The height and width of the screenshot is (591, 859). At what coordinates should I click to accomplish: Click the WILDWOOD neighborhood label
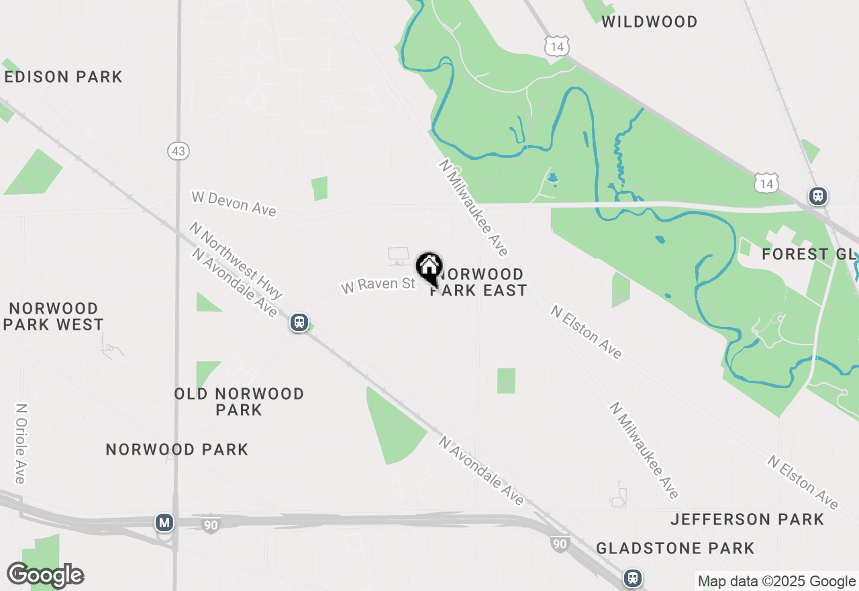pos(649,21)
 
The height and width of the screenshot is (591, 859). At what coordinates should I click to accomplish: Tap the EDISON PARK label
pos(64,77)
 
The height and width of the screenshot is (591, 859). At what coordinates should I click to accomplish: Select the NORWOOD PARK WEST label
pos(54,316)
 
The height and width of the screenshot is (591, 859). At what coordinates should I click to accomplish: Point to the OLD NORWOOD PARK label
pos(239,401)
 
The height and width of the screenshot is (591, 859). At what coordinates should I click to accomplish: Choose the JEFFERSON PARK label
pos(747,519)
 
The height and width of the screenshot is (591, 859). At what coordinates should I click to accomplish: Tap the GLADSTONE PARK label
pos(675,549)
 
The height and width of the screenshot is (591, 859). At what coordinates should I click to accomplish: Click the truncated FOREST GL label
pos(809,255)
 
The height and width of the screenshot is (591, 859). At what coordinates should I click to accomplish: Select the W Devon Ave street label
pos(234,203)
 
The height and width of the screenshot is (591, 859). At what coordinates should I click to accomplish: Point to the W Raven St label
pos(378,285)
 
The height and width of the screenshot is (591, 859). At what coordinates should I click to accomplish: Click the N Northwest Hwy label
pos(236,261)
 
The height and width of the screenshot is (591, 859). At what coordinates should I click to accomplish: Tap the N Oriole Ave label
pos(20,443)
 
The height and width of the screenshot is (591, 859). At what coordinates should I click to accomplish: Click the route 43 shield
pos(178,151)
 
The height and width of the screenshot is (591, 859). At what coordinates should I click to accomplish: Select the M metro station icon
pos(164,522)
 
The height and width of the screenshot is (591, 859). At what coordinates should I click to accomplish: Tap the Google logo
pos(45,575)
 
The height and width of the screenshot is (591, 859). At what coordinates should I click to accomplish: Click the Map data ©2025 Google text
pos(776,582)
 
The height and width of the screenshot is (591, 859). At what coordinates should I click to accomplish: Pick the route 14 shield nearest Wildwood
pos(557,46)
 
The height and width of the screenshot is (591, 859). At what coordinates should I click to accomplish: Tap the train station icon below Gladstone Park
pos(632,578)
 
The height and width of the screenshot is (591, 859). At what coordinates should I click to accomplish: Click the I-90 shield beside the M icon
pos(211,525)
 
